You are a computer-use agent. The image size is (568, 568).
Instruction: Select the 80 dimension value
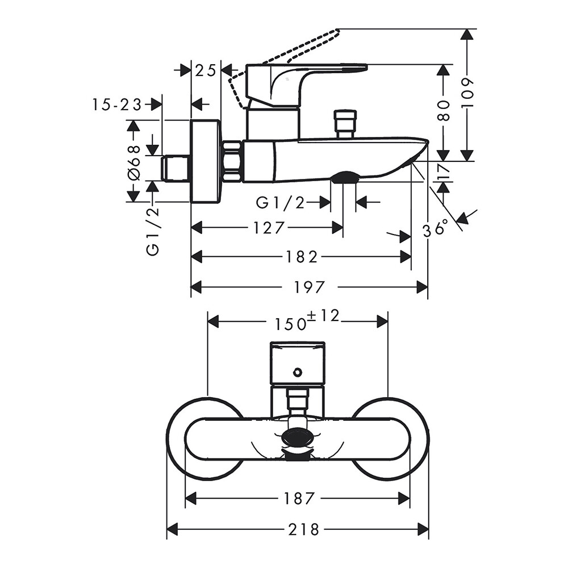[444, 111]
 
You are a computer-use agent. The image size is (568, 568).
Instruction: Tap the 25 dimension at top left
[206, 70]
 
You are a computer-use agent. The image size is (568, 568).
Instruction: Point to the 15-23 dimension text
[116, 105]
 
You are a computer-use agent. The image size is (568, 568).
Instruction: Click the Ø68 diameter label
[133, 163]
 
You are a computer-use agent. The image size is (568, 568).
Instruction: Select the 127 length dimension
[268, 228]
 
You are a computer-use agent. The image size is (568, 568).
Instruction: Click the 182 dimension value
[301, 257]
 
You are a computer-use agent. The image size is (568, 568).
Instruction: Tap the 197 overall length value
[309, 287]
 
